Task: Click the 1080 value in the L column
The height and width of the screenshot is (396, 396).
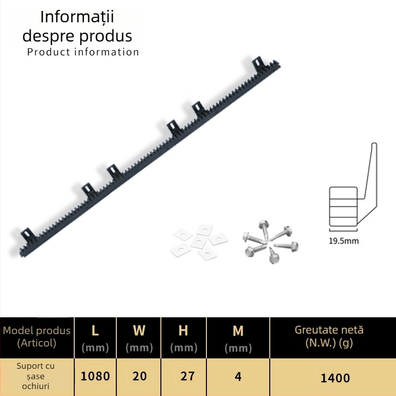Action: coord(95,376)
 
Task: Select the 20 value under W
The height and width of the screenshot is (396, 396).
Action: coord(140,376)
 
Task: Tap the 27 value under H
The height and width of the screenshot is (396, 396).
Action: coord(188,376)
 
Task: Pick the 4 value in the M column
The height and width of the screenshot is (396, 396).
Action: coord(238,377)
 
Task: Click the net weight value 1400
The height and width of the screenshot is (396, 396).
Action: coord(335,378)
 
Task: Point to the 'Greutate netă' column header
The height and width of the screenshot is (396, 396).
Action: coord(329,330)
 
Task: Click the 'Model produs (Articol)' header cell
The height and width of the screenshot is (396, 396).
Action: coord(37,337)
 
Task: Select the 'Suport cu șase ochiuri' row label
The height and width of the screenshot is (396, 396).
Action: coord(36,376)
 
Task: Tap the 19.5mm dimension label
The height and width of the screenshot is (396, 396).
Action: coord(344,241)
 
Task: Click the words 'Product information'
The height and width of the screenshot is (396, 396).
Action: coord(83,52)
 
